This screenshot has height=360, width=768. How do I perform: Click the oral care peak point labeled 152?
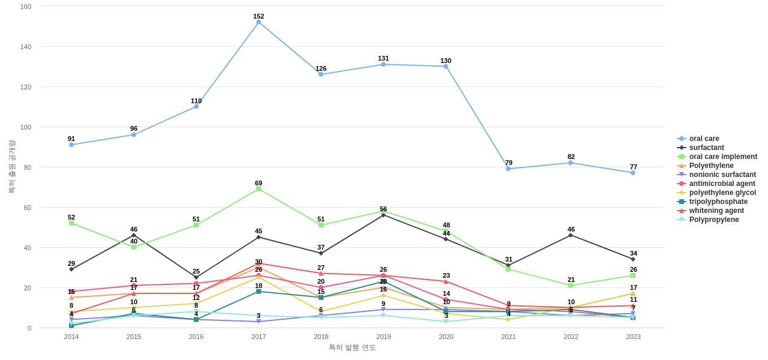click(259, 22)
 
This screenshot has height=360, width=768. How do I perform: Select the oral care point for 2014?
click(71, 145)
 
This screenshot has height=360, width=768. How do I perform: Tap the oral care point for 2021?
click(508, 169)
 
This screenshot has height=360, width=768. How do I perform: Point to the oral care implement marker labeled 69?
click(259, 189)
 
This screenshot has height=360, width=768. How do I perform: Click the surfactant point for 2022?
click(571, 235)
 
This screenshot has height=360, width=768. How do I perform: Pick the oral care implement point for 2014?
click(71, 223)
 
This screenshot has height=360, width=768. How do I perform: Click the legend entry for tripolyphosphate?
click(718, 202)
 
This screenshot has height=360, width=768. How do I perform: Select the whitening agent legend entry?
click(716, 211)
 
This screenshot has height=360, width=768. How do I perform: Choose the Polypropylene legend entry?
click(714, 220)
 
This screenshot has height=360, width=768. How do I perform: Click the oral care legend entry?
click(704, 139)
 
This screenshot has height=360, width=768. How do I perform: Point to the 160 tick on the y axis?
click(26, 7)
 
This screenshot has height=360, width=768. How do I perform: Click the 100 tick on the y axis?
click(26, 127)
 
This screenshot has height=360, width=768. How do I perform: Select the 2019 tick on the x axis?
click(383, 337)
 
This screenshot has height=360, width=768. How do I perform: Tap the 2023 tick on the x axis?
click(633, 337)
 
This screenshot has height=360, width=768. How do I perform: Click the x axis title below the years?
click(352, 347)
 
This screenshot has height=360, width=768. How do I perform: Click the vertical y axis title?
click(12, 167)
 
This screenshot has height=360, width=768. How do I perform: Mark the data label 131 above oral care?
click(383, 58)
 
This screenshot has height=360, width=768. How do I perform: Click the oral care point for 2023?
click(633, 173)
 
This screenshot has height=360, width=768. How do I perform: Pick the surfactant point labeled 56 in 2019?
click(383, 215)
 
